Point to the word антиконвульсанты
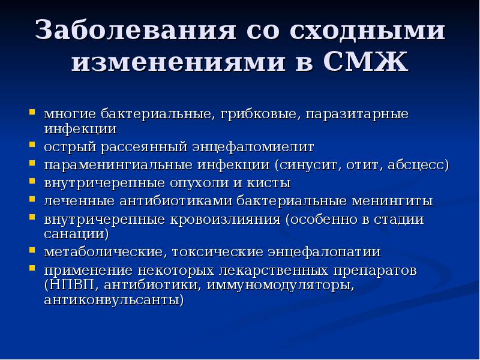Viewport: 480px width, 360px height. point(113,299)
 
